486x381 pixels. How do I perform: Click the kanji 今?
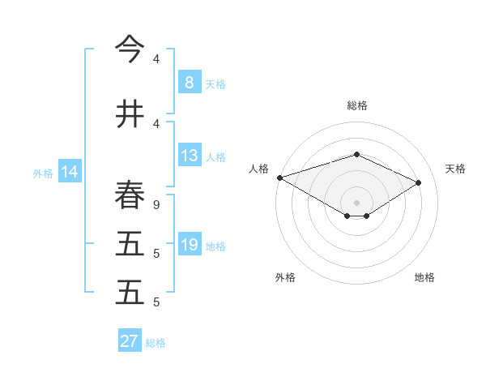coord(130,50)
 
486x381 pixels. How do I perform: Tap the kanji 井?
coord(130,114)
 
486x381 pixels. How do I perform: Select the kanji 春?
coord(130,195)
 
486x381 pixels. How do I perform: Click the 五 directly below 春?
coord(130,244)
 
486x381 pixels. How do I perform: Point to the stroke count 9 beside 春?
coord(156,204)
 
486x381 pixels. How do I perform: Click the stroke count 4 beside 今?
coord(156,59)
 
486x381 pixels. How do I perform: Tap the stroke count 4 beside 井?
coord(156,123)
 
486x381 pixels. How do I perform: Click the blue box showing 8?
coord(189,83)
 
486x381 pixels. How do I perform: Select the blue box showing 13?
coord(189,156)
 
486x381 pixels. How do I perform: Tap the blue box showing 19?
coord(189,245)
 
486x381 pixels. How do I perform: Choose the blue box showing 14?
coord(69,172)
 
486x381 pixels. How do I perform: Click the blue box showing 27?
coord(129,341)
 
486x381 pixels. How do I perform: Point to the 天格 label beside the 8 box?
coord(215,83)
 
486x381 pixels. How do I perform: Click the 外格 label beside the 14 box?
coord(43,173)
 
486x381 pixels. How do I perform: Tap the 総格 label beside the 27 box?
coord(156,343)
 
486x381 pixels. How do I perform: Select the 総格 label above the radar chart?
coord(356,105)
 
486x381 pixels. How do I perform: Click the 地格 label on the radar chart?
coord(424,277)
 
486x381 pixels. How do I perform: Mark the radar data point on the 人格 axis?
coord(279,178)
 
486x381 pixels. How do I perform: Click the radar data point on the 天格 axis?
coord(419,182)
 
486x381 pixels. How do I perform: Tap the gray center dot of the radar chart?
coord(356,202)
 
